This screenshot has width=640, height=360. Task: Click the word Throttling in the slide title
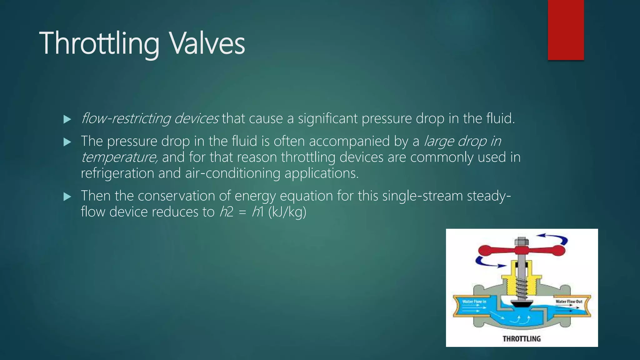[x=99, y=44]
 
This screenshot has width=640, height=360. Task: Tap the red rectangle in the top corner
[x=566, y=30]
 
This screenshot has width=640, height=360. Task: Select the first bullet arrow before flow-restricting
[x=67, y=119]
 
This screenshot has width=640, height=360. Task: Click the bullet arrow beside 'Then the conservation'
[x=67, y=197]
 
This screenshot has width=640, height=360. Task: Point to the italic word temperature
[x=119, y=157]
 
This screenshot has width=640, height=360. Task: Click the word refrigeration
[x=117, y=173]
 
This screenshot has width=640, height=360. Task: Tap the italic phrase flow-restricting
[x=126, y=118]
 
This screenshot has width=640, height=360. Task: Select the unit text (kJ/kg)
[x=287, y=212]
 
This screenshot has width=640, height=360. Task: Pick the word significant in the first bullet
[x=327, y=118]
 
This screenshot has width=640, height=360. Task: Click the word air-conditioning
[x=232, y=173]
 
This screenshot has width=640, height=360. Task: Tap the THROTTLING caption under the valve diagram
[x=522, y=339]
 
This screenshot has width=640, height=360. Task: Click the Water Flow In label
[x=474, y=302]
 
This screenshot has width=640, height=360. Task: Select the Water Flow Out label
[x=569, y=302]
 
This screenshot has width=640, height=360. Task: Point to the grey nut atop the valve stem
[x=521, y=241]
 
